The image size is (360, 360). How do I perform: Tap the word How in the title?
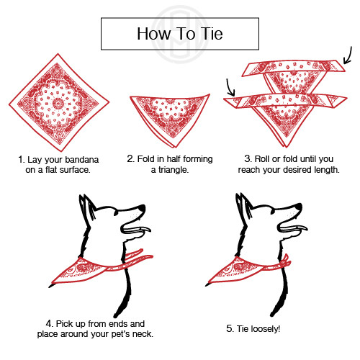click(154, 34)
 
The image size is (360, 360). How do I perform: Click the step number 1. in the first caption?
click(22, 160)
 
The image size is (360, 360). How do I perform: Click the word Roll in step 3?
click(262, 159)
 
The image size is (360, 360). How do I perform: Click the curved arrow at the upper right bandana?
click(348, 55)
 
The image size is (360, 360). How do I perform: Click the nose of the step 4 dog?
click(143, 207)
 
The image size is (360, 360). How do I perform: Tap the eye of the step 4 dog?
click(116, 213)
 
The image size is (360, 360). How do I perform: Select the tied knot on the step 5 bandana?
click(285, 262)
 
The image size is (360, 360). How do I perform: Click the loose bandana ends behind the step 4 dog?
click(138, 257)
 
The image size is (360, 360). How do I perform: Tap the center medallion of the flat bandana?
click(58, 103)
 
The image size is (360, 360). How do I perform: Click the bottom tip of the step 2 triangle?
click(175, 147)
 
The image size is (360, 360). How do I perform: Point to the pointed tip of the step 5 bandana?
click(207, 285)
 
